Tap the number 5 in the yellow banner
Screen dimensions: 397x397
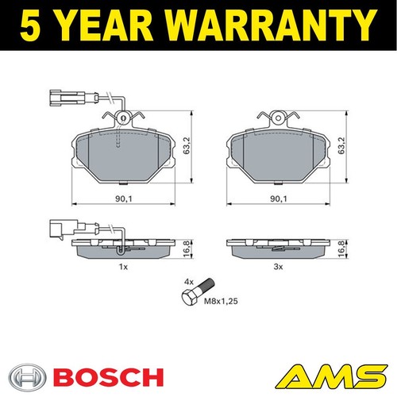pos(31,25)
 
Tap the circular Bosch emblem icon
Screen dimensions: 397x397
pos(25,376)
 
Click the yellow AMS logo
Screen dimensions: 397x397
pos(332,376)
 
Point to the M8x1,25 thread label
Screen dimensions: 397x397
pos(221,301)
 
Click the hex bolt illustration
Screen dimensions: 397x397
pos(198,292)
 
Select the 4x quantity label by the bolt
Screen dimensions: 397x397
pos(189,283)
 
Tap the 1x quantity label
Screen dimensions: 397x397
pos(123,267)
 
